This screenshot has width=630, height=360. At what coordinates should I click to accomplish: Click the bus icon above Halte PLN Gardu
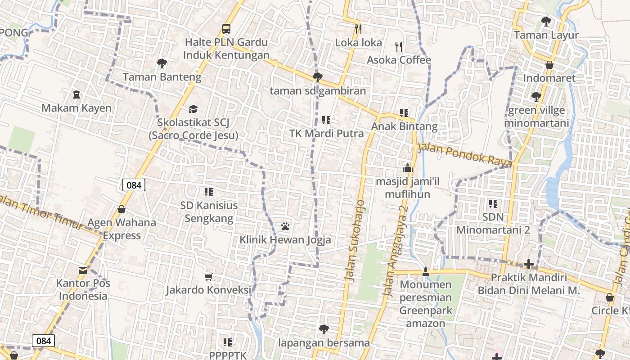pyautogui.click(x=226, y=29)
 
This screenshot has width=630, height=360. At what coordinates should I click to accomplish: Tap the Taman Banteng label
pyautogui.click(x=162, y=77)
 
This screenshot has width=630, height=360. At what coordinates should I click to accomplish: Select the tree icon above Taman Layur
pyautogui.click(x=546, y=21)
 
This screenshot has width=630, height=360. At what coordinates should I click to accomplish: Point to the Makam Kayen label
pyautogui.click(x=76, y=108)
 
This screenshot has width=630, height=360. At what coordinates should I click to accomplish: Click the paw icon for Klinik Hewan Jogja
pyautogui.click(x=285, y=226)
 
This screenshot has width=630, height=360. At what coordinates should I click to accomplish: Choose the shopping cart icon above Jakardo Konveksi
pyautogui.click(x=208, y=277)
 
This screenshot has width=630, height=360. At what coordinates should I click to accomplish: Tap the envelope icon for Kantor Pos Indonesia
pyautogui.click(x=83, y=270)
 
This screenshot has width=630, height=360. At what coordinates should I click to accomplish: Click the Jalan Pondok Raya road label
pyautogui.click(x=465, y=154)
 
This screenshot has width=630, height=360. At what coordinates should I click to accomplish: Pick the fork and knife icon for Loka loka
pyautogui.click(x=358, y=29)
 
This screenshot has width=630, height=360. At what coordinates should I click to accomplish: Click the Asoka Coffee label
pyautogui.click(x=399, y=60)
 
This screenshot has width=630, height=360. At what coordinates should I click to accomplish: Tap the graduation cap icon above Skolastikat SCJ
pyautogui.click(x=193, y=109)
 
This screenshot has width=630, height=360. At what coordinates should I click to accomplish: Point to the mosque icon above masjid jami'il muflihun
pyautogui.click(x=408, y=168)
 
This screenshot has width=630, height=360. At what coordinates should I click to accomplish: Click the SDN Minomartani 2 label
pyautogui.click(x=493, y=224)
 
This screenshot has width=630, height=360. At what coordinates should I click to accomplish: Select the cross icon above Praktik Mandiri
pyautogui.click(x=529, y=264)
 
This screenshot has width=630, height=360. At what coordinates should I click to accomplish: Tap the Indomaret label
pyautogui.click(x=549, y=78)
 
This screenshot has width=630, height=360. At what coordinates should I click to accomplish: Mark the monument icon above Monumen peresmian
pyautogui.click(x=426, y=271)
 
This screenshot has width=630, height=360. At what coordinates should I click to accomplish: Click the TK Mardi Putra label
pyautogui.click(x=326, y=134)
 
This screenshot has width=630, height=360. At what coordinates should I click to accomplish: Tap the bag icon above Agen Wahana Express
pyautogui.click(x=121, y=209)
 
